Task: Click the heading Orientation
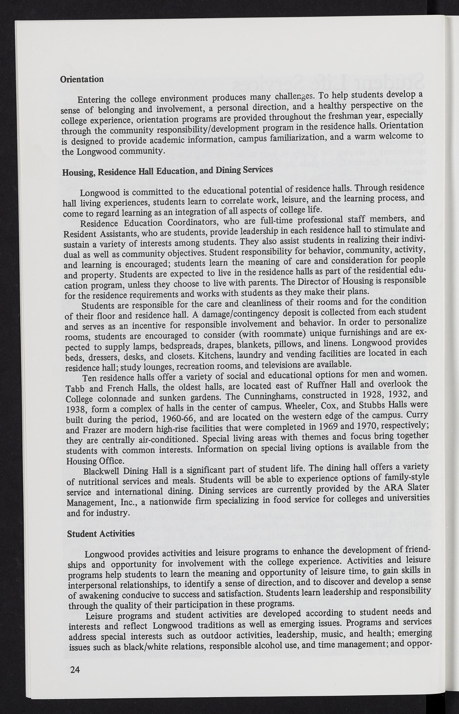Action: (x=82, y=79)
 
